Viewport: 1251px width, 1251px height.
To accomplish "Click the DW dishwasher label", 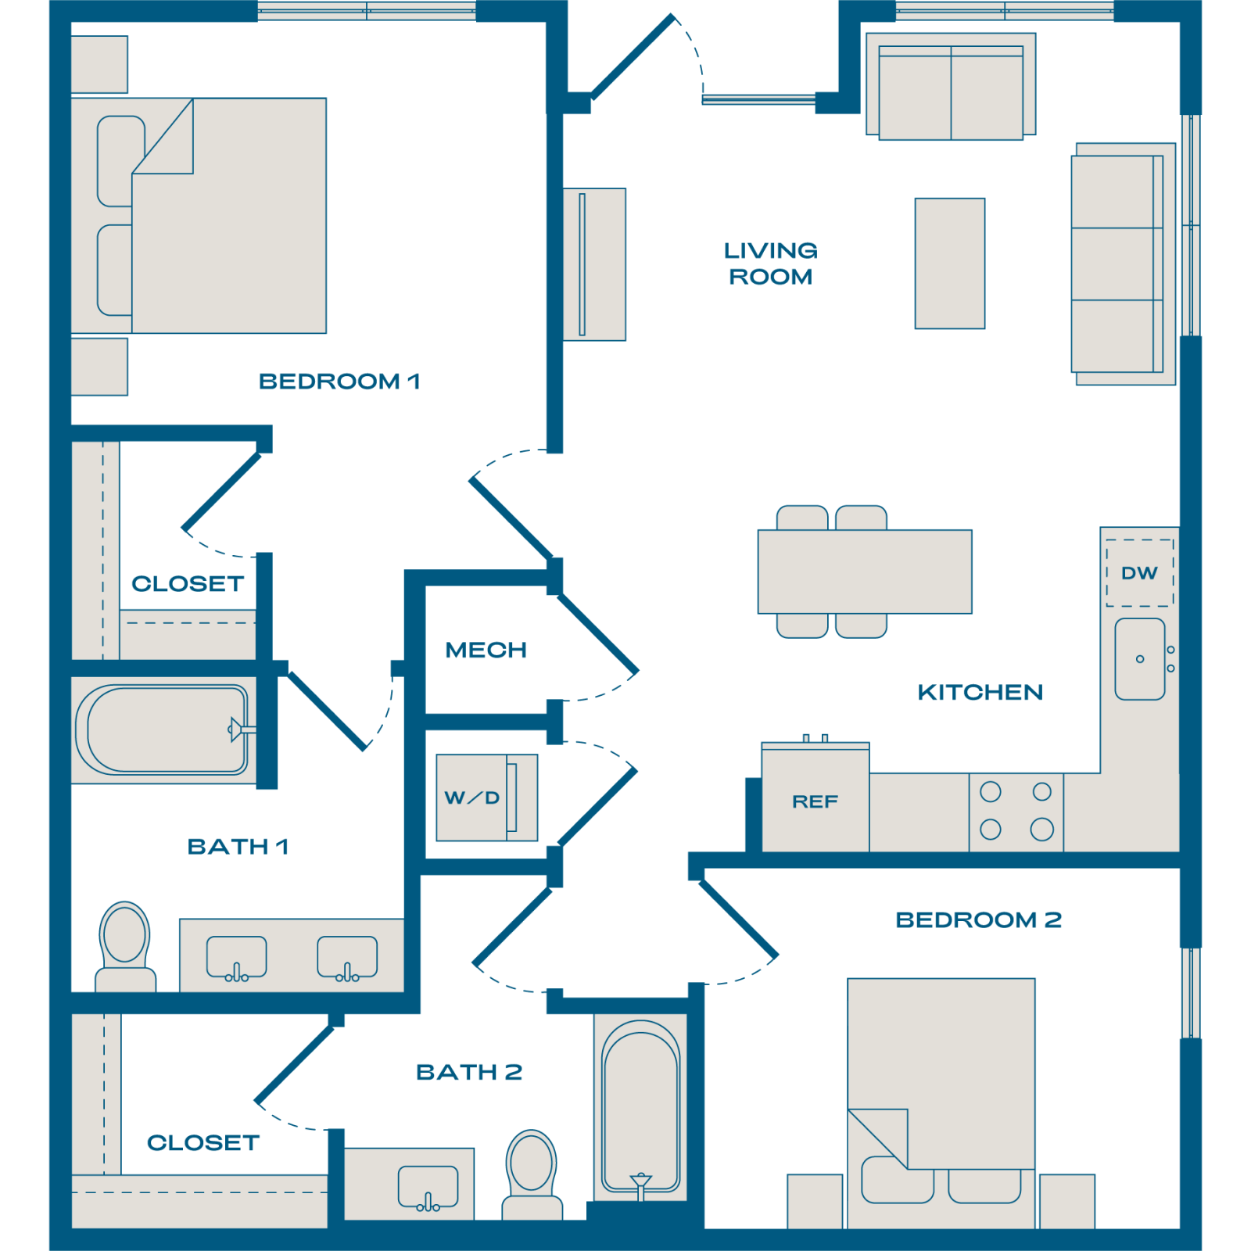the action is [x=1139, y=573].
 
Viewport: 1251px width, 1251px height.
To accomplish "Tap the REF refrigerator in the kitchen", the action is [x=815, y=797].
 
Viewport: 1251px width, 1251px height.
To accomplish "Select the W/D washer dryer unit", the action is [x=486, y=798].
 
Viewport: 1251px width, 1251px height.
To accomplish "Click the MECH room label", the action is [x=486, y=650].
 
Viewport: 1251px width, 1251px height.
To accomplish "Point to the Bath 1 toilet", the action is [x=125, y=947].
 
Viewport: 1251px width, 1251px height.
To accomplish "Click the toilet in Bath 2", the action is [x=532, y=1174].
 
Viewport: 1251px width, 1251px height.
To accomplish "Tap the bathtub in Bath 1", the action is [x=162, y=729].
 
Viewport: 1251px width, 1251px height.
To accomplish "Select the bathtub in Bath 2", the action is [x=640, y=1106].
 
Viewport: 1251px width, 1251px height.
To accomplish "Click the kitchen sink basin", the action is [x=1140, y=658].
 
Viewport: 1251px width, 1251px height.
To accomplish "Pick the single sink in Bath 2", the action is [x=428, y=1187].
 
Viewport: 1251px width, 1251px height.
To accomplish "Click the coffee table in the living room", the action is [x=950, y=263].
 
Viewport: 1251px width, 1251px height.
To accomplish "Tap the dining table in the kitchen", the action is [x=865, y=572].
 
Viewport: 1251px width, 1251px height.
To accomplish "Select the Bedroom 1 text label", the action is [x=339, y=382].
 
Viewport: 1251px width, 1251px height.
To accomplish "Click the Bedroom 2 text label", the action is [x=978, y=919].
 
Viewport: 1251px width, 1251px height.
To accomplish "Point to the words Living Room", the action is [x=771, y=263].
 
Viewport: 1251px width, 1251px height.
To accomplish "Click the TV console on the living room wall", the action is [x=594, y=264].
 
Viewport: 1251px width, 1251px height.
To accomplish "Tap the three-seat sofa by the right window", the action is [x=1124, y=263].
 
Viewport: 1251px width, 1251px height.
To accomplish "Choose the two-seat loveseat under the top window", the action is [x=951, y=86].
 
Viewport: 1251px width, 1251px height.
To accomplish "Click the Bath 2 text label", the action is [x=469, y=1072].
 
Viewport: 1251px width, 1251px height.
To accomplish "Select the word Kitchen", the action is [x=980, y=692].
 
